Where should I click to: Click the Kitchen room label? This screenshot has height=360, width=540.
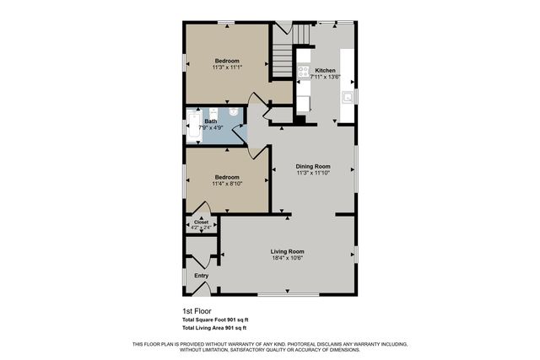coord(325,70)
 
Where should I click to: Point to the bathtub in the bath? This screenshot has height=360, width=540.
coord(192,126)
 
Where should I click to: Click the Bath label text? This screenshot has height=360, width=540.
coord(210,121)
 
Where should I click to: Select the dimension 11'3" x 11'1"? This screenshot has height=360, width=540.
coord(226,67)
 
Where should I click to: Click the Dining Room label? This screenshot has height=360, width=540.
coord(312,166)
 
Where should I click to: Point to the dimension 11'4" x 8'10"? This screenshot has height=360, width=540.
coord(228,183)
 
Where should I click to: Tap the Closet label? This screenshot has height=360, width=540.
coord(201,222)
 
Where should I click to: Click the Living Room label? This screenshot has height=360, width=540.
coord(287,251)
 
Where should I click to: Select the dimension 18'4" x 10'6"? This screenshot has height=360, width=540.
coord(287,259)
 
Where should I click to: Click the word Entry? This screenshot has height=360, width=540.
coord(201,276)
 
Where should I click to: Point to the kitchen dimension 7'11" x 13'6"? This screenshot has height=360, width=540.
coord(325,77)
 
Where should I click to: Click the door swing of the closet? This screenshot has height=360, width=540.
coord(201,208)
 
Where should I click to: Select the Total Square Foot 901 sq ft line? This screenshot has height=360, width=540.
coord(215,320)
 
